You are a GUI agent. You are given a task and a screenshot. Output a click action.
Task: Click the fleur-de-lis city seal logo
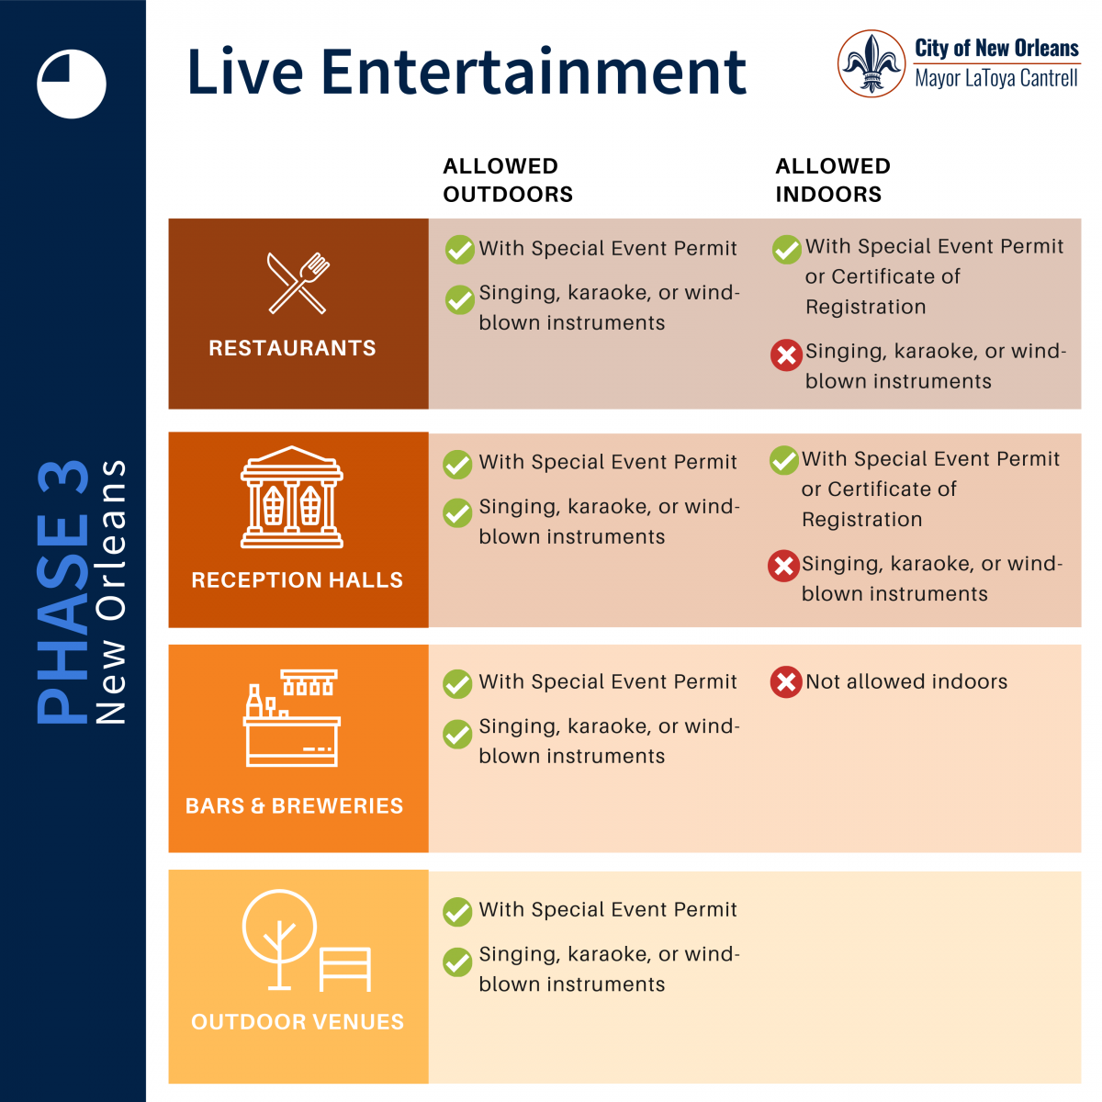[871, 63]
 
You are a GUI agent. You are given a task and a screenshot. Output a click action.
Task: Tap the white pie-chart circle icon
[72, 84]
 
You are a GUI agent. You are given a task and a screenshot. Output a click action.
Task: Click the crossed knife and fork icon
[298, 283]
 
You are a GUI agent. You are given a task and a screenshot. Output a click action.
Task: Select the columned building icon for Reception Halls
[292, 497]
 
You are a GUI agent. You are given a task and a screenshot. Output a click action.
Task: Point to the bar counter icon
[292, 718]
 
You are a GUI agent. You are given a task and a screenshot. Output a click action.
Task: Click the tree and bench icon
[307, 940]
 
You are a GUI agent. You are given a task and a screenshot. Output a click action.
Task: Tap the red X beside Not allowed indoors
[786, 681]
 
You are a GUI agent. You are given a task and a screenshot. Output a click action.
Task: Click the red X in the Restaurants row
[786, 355]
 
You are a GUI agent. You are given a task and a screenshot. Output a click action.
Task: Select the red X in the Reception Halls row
[783, 567]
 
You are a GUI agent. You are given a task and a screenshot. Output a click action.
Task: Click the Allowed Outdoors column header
[508, 180]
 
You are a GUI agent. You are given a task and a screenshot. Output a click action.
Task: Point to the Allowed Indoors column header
[833, 180]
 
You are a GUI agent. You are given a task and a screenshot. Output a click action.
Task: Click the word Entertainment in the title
[534, 72]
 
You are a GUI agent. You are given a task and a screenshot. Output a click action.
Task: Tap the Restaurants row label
[292, 348]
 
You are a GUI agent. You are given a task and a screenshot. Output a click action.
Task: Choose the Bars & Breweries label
[294, 805]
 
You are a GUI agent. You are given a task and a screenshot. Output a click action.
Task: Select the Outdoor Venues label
[298, 1022]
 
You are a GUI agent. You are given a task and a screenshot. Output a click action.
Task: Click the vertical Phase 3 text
[62, 592]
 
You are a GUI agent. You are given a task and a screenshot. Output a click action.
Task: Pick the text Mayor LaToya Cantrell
[996, 78]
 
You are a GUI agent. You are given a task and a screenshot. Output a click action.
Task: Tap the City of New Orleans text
[996, 48]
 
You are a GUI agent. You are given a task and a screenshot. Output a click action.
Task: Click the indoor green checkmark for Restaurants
[787, 250]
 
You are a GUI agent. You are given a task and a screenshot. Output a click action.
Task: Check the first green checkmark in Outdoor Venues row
[457, 912]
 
